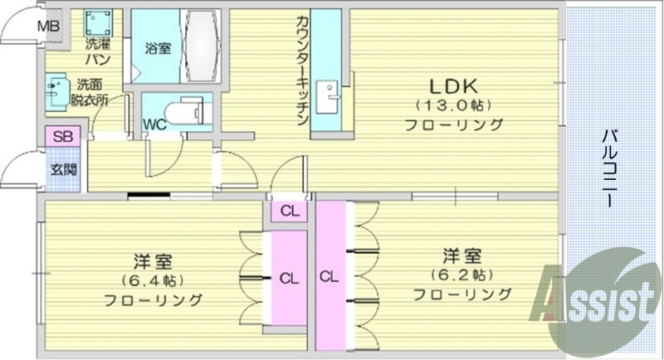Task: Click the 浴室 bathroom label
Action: (158, 48)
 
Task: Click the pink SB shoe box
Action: (61, 136)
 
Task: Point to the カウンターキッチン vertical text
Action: (302, 71)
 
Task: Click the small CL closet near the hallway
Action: (289, 211)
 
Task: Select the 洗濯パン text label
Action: (98, 51)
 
